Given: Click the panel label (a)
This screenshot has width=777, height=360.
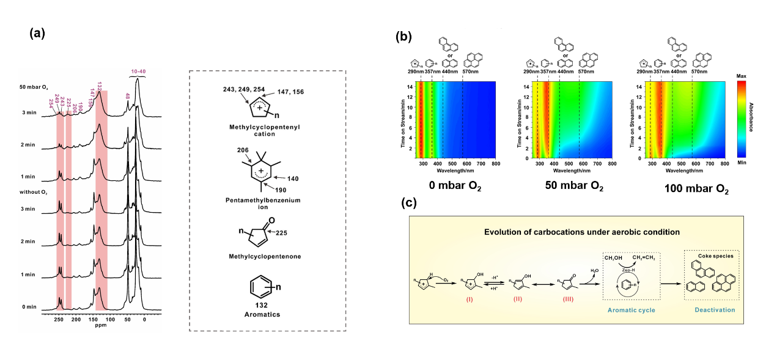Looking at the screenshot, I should (37, 34).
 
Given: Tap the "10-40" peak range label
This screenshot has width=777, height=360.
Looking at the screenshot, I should (138, 72).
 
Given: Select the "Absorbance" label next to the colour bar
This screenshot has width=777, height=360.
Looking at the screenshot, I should (751, 120).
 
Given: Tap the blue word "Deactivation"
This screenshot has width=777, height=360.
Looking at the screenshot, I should (715, 310).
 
